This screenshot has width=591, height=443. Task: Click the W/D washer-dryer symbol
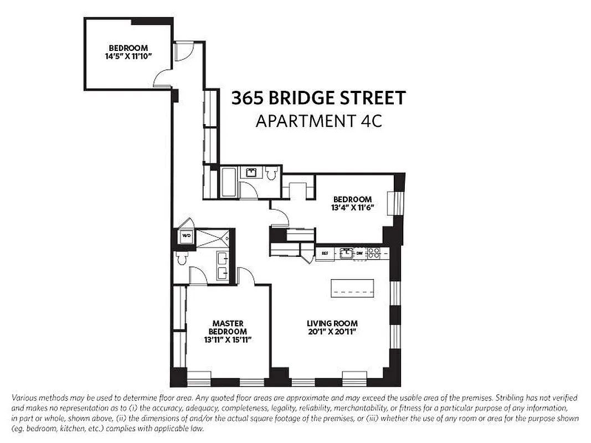tap(187, 236)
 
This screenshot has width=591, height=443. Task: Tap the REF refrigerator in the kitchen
tap(325, 253)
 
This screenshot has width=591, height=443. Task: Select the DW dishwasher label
tap(359, 253)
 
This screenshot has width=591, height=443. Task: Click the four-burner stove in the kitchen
tap(374, 253)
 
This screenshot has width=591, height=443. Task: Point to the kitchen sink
tap(347, 253)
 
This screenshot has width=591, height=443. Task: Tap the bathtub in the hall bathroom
tap(229, 182)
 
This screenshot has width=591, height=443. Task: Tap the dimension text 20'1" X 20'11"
tap(332, 332)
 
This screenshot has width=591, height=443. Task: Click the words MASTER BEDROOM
tap(228, 327)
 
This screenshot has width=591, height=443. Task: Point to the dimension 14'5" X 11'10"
tap(128, 56)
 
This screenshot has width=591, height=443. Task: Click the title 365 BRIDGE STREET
tap(318, 99)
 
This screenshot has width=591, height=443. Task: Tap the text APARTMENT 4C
tap(318, 121)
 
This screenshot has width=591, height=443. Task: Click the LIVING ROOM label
tap(332, 323)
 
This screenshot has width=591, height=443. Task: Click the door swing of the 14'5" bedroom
tap(163, 78)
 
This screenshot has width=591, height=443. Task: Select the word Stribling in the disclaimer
tap(511, 398)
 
